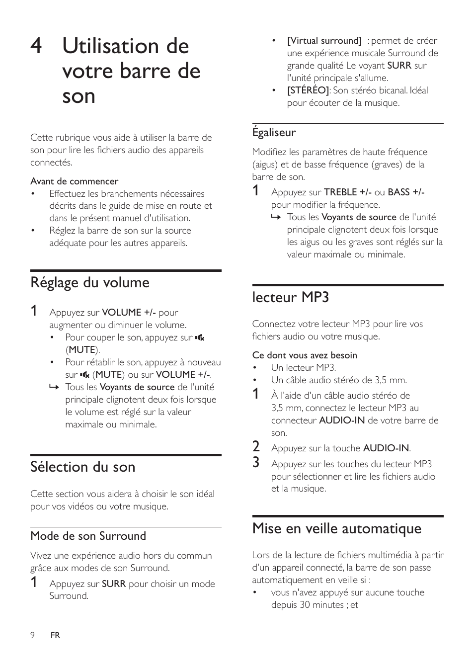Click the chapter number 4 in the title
point(36,46)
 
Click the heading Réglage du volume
point(90,283)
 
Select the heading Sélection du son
point(82,467)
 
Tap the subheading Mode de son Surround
point(88,536)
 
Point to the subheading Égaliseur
point(274,133)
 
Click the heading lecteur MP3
point(291,297)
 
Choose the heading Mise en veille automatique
point(336,528)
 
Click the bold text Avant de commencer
point(74,181)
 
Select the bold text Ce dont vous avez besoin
point(305,355)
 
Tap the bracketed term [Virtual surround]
point(324,41)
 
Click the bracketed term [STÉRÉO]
point(308,90)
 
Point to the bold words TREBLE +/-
point(348,192)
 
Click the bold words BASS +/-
point(406,192)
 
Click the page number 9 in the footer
point(32,635)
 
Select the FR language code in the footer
point(55,635)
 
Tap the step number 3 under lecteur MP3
point(256,463)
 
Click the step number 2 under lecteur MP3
point(256,446)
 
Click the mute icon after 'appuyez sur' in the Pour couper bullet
point(200,338)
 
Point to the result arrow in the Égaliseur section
point(276,218)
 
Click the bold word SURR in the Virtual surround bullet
point(399,66)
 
